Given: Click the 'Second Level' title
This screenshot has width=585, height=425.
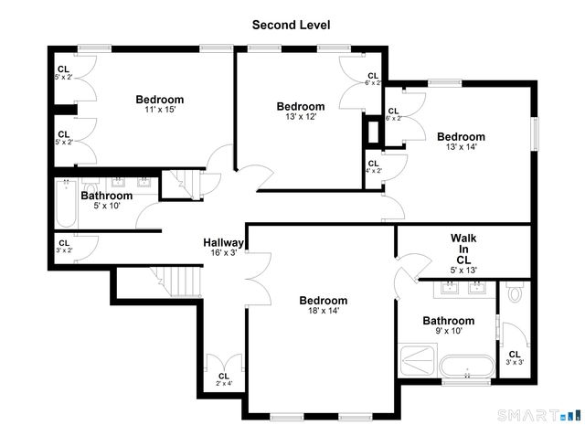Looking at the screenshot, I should click(292, 25).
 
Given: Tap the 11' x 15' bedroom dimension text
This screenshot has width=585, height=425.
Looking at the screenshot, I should click(159, 110).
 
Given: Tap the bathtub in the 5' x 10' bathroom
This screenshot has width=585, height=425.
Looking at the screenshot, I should click(63, 205).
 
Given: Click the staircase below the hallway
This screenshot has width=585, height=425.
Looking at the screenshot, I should click(176, 280).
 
